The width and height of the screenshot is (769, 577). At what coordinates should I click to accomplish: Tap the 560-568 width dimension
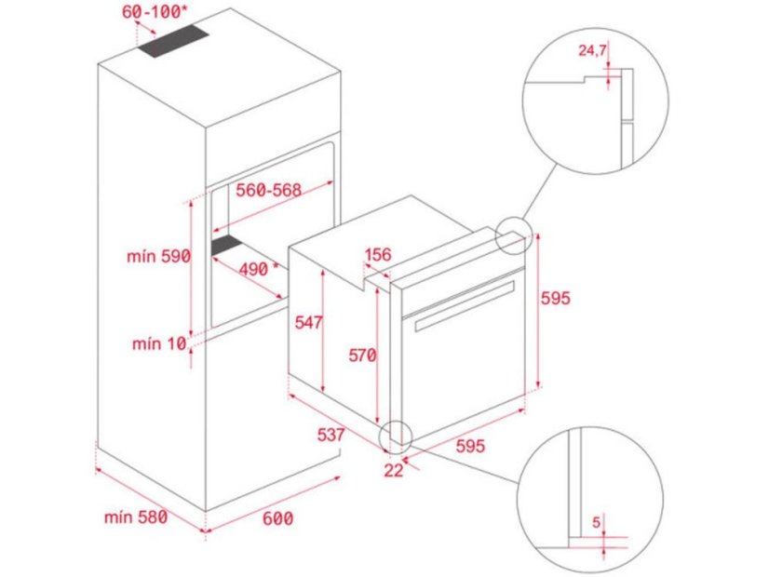(268, 190)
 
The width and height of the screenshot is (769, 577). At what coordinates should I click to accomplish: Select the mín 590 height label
(159, 256)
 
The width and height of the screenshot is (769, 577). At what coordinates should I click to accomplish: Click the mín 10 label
(158, 344)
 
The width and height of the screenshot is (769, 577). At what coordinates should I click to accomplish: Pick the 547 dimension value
(306, 323)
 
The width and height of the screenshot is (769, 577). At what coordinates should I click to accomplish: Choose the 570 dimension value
(362, 355)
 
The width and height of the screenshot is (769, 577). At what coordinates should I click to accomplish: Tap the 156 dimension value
(377, 254)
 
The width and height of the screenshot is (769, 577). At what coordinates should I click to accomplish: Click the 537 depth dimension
(330, 435)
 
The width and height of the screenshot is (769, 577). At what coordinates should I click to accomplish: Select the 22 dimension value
(393, 470)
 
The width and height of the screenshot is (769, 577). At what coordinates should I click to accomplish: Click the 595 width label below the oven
(470, 446)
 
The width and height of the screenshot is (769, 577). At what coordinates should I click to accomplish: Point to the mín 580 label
(134, 517)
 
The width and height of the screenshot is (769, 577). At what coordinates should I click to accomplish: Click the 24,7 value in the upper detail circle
(593, 50)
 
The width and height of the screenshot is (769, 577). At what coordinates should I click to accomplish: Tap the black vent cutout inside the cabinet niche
(226, 246)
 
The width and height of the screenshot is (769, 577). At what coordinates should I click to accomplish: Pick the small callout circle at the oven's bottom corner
(394, 435)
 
